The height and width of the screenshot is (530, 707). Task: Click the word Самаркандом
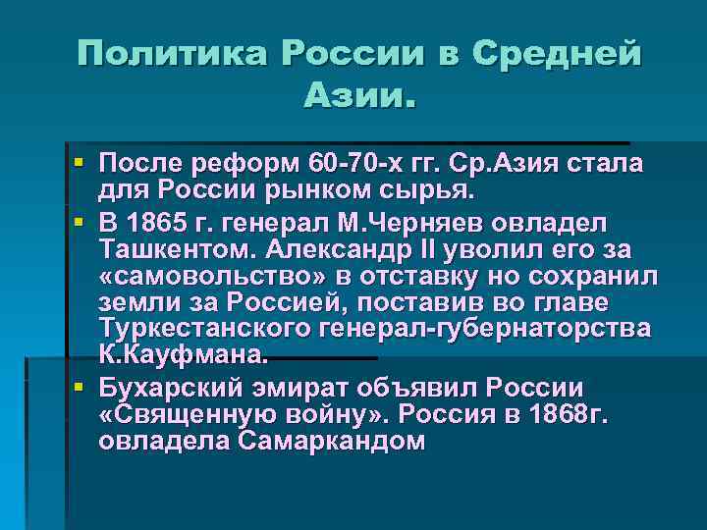pos(331,441)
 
